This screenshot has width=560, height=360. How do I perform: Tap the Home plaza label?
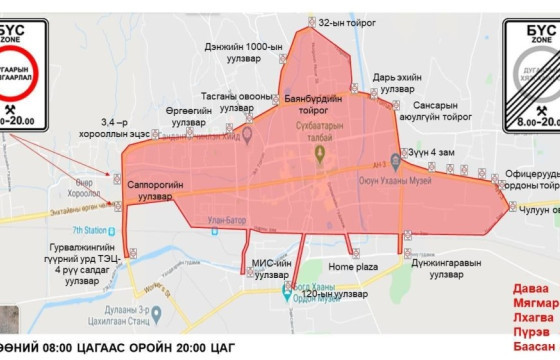click(353, 267)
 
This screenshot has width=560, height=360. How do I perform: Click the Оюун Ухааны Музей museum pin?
click(395, 159)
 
